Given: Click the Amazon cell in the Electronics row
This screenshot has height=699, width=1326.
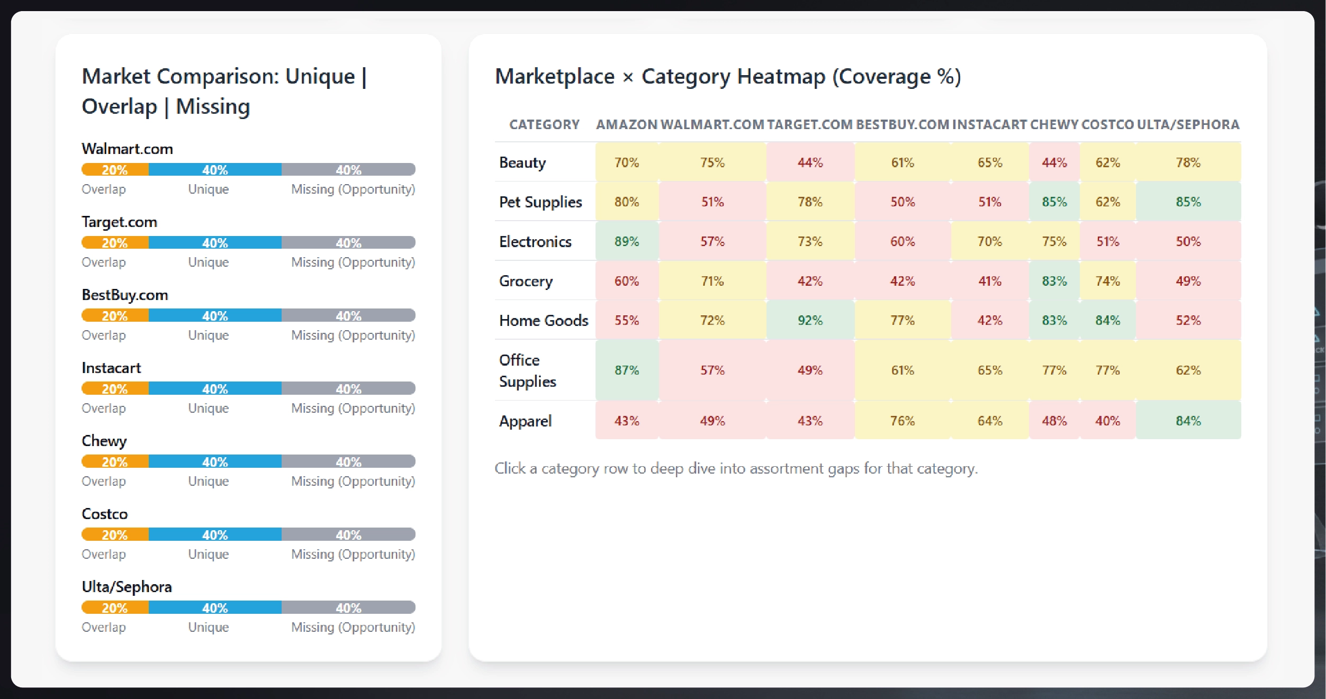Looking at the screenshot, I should click(x=627, y=241).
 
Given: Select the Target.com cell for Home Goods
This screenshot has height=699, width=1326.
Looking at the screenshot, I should click(x=810, y=320).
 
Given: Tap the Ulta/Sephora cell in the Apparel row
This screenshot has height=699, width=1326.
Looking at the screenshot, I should click(x=1188, y=421).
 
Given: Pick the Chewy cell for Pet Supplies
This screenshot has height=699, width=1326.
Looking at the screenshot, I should click(x=1054, y=202).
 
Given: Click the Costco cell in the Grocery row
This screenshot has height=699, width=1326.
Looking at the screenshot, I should click(x=1107, y=281).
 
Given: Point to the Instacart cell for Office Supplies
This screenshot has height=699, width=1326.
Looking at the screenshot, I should click(x=989, y=370).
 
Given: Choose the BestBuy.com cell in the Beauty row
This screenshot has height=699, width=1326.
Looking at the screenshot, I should click(x=902, y=162).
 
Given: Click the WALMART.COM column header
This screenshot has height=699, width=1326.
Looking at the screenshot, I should click(x=712, y=124).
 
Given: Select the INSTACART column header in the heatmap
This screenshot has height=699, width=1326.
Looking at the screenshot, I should click(x=989, y=124).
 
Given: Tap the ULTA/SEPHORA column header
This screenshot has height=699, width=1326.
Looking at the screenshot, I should click(x=1188, y=124).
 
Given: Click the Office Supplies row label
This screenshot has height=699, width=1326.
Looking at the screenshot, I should click(x=528, y=370).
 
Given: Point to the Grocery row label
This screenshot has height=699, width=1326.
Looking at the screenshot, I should click(x=526, y=281).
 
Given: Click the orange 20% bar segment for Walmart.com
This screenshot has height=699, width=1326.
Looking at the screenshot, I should click(x=115, y=170).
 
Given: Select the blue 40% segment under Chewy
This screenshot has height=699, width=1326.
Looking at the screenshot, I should click(x=215, y=462).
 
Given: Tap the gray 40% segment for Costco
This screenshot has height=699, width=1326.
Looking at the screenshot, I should click(x=348, y=535).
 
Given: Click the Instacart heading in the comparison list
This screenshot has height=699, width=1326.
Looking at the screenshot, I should click(x=111, y=368).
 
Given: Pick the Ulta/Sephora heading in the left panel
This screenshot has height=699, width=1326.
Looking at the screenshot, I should click(x=127, y=587).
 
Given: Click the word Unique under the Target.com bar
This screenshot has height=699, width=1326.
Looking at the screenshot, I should click(x=209, y=262).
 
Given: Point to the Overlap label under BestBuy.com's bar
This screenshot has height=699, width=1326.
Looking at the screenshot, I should click(x=104, y=335).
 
